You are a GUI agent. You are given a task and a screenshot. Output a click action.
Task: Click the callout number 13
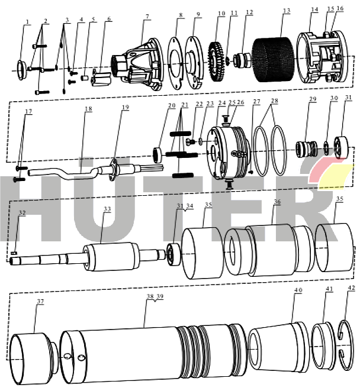tap(287, 11)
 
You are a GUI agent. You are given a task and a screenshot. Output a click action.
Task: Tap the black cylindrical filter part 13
tap(274, 60)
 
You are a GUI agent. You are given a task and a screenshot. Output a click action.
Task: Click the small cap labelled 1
tap(21, 70)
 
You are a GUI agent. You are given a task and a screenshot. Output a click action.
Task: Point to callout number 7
tap(147, 17)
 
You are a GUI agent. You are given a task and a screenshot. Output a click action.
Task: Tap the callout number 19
tap(126, 108)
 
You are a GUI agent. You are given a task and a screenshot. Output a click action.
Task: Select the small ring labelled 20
tap(157, 155)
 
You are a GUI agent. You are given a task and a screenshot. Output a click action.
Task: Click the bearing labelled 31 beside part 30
tap(341, 147)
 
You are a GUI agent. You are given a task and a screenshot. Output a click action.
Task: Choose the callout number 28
tap(274, 101)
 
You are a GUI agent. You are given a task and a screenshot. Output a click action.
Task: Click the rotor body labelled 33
tap(111, 257)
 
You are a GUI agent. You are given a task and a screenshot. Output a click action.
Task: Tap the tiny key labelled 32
tap(14, 253)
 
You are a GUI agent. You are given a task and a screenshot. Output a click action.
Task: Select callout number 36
tap(277, 202)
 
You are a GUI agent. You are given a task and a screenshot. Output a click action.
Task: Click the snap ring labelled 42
tap(346, 345)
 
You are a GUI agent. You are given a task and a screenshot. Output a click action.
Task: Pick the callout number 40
tap(298, 290)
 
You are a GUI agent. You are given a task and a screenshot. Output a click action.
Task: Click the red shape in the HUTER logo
tap(327, 169)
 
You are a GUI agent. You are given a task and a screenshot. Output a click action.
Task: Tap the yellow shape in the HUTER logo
tap(336, 176)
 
